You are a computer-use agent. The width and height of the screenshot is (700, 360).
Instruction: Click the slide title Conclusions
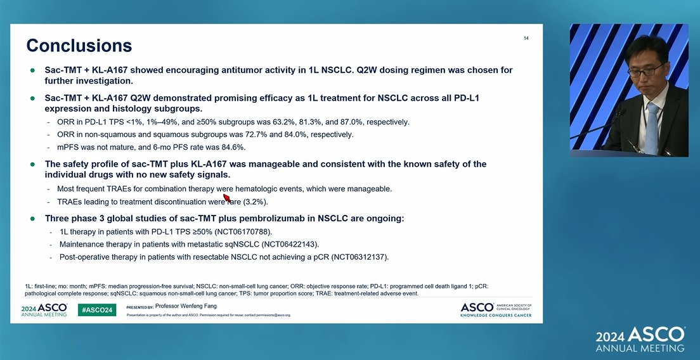pos(79,46)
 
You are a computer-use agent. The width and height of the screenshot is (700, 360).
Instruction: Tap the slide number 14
pos(526,39)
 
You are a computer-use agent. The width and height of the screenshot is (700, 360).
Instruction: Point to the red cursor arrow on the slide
pos(226,197)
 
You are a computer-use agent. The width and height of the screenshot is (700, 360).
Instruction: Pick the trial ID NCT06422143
pos(290,244)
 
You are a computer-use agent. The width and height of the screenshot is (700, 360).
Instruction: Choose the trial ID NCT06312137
pos(360,257)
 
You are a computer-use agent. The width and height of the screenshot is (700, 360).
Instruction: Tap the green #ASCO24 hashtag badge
pos(97,310)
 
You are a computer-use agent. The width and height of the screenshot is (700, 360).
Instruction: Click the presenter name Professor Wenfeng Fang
pos(186,306)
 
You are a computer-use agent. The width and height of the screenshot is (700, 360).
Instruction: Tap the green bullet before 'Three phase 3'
pos(32,218)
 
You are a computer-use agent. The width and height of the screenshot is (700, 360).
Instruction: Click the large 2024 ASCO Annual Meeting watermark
pos(640,340)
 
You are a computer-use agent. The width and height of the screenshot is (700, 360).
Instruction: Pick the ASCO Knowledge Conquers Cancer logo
pos(496,309)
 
